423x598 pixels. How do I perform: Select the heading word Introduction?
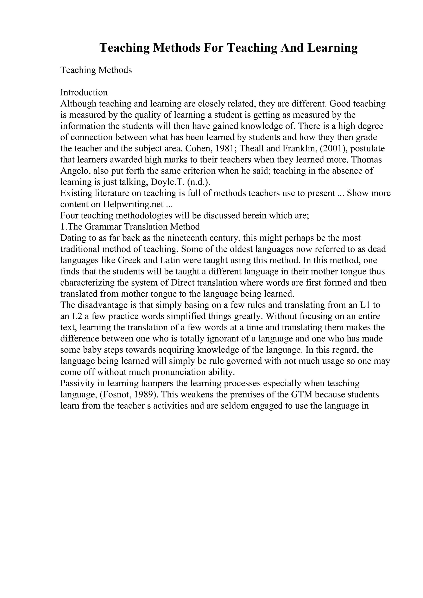[x=84, y=92]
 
